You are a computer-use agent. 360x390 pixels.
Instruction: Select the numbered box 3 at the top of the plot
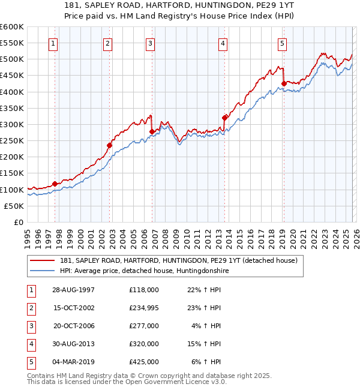[150, 43]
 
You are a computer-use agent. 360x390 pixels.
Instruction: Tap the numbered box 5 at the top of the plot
[282, 43]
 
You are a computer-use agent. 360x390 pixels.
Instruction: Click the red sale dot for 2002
[110, 145]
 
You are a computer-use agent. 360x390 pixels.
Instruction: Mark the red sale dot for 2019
[283, 84]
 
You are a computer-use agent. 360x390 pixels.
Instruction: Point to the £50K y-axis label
[14, 206]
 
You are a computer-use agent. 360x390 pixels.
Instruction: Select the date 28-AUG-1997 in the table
[73, 289]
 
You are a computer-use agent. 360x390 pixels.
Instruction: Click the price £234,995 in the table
[144, 308]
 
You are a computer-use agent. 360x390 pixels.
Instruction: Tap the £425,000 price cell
[144, 362]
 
